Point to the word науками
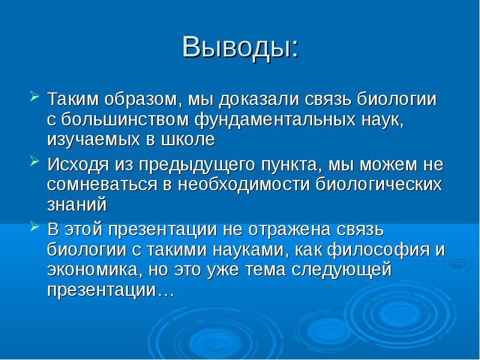(x=226, y=250)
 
